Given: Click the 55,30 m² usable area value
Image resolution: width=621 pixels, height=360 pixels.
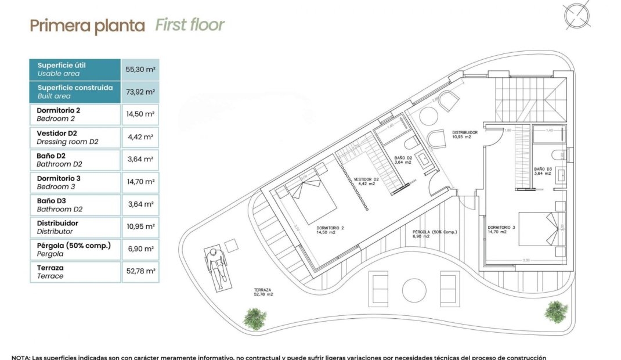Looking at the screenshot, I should pyautogui.click(x=140, y=69).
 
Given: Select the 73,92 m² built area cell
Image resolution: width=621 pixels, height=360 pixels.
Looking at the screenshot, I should pyautogui.click(x=140, y=92).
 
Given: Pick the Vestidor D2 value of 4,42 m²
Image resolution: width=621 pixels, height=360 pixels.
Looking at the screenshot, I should pyautogui.click(x=140, y=137).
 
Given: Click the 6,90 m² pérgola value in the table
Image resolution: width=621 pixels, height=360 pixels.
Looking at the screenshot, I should pyautogui.click(x=140, y=249).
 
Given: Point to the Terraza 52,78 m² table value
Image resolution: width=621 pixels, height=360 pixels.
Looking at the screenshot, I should pyautogui.click(x=140, y=272).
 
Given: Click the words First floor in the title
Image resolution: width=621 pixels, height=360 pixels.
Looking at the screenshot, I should pyautogui.click(x=190, y=25).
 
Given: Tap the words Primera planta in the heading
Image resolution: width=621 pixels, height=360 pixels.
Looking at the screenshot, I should pyautogui.click(x=87, y=26).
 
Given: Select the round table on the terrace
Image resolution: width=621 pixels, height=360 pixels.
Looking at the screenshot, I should pyautogui.click(x=414, y=290).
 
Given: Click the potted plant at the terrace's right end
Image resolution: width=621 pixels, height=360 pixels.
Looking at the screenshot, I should pyautogui.click(x=555, y=312).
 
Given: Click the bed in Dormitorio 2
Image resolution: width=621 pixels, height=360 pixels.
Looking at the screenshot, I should pyautogui.click(x=310, y=201).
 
